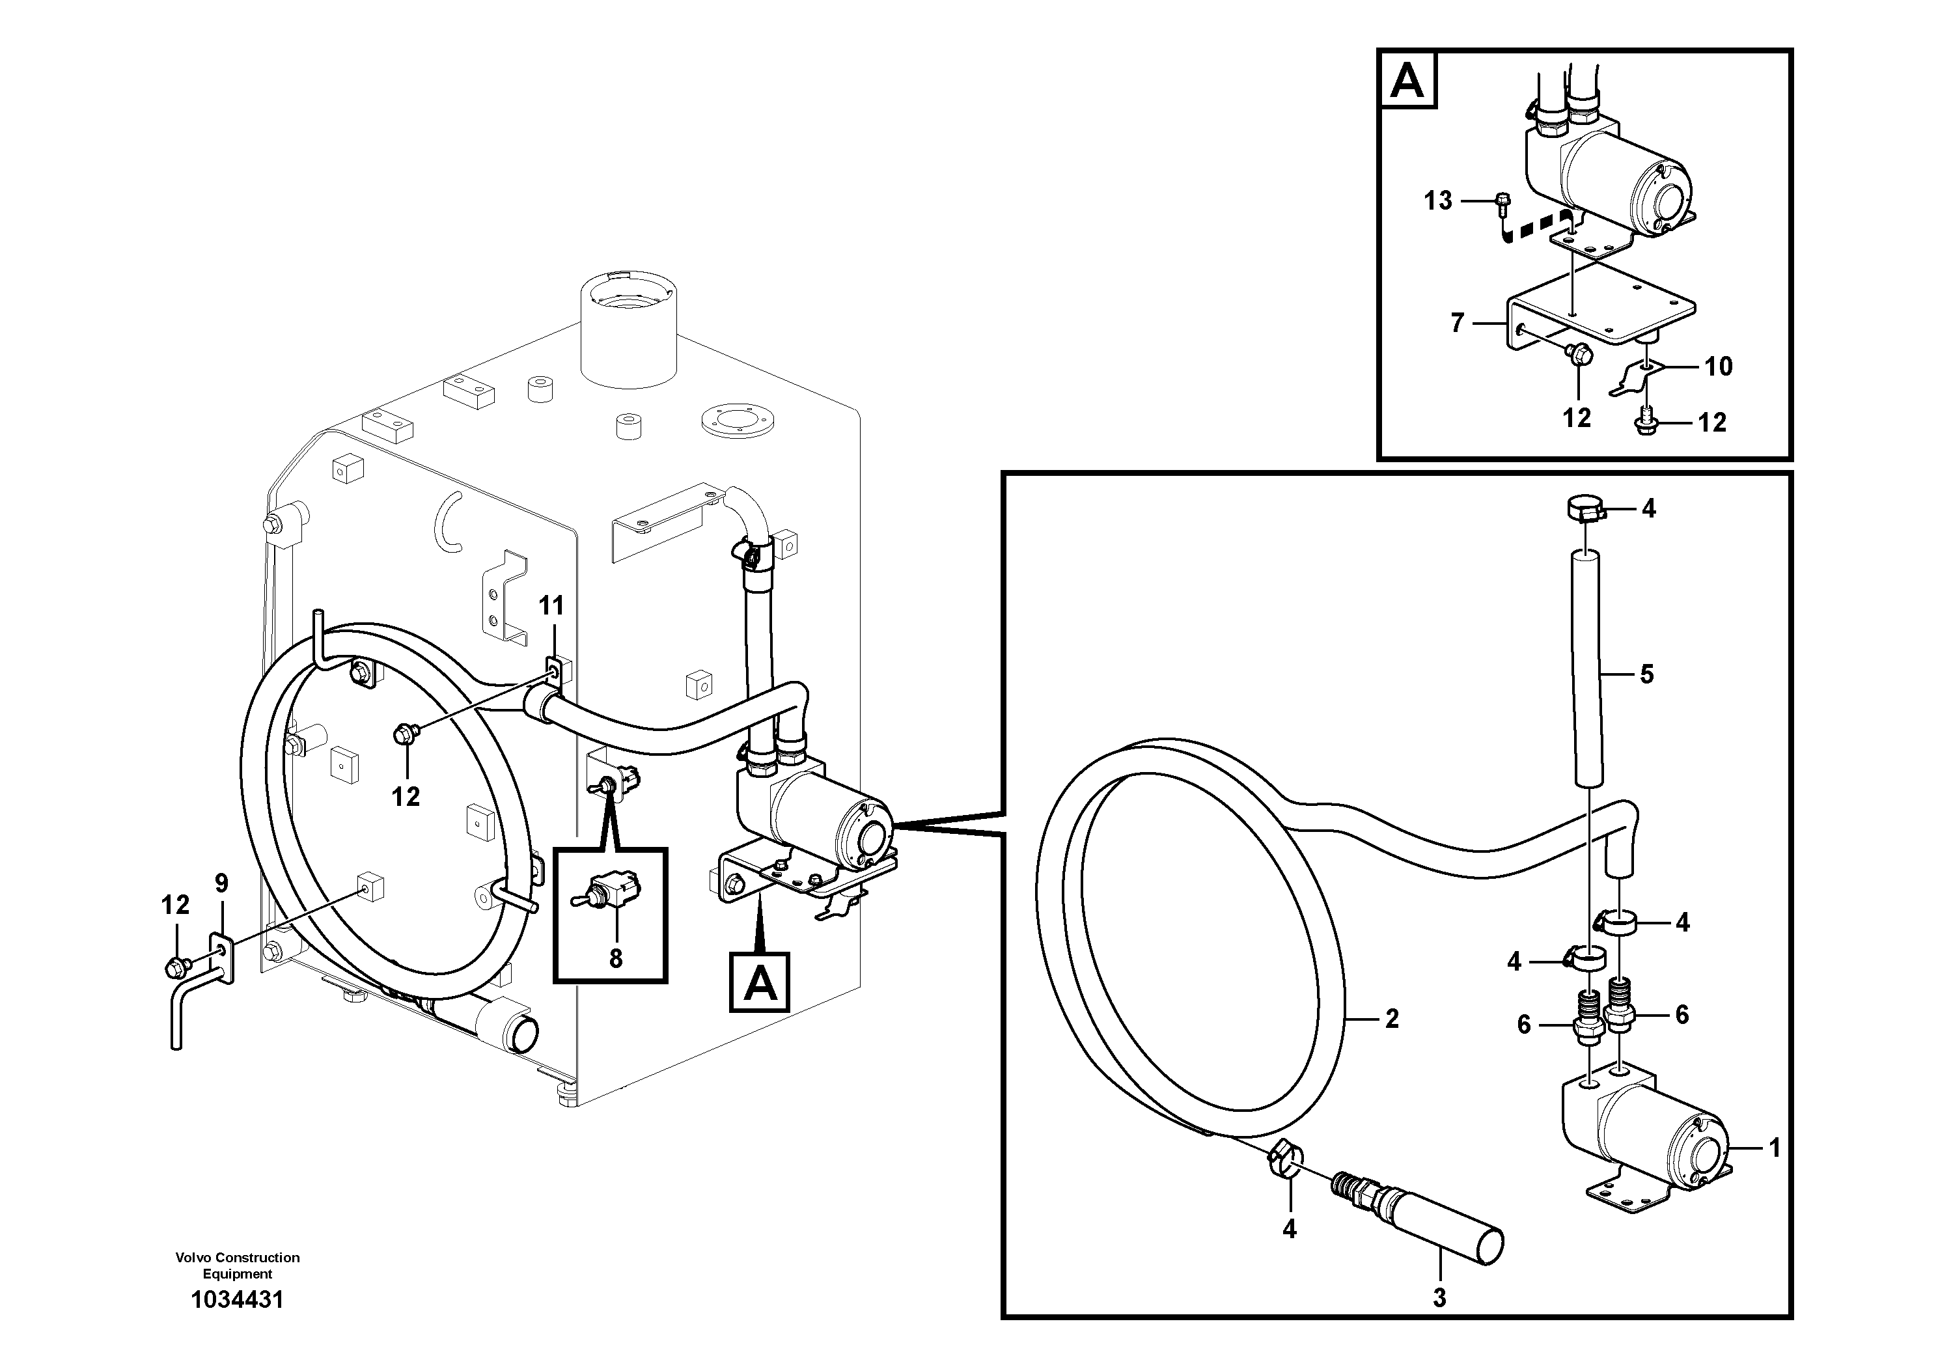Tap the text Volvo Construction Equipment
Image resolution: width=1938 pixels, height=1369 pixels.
point(237,1265)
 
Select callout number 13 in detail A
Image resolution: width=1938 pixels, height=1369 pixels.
point(1437,201)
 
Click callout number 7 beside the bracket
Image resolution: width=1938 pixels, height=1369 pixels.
point(1457,324)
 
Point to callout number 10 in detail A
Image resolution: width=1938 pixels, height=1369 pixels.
point(1719,366)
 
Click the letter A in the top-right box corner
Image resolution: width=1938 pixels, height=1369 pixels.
point(1407,82)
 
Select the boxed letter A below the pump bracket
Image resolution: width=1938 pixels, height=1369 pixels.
point(760,982)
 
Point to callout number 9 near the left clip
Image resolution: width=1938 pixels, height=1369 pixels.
point(221,883)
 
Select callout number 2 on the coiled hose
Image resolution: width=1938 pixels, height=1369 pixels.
point(1391,1019)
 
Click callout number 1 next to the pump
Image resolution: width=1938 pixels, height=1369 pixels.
point(1773,1148)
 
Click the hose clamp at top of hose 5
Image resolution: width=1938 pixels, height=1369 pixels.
point(1585,510)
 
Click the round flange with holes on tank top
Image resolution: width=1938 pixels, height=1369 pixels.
point(737,422)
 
